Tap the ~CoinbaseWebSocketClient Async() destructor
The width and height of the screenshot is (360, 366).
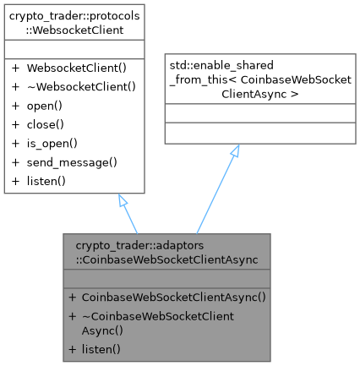click(x=157, y=323)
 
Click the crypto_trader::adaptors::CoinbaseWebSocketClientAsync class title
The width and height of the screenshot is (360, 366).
click(x=166, y=252)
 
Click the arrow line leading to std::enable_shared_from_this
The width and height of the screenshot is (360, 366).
click(x=216, y=190)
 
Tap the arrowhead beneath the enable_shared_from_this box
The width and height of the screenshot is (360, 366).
click(x=236, y=150)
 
